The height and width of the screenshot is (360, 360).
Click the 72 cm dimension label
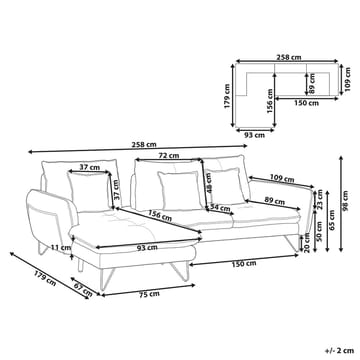[x=169, y=156]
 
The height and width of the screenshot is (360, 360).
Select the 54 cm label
[x=220, y=209]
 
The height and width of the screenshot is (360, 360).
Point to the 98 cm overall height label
[x=345, y=201]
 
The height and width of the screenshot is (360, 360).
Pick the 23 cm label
[x=320, y=199]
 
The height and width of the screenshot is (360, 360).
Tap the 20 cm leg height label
[x=307, y=243]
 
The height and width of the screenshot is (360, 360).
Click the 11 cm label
[x=61, y=248]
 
